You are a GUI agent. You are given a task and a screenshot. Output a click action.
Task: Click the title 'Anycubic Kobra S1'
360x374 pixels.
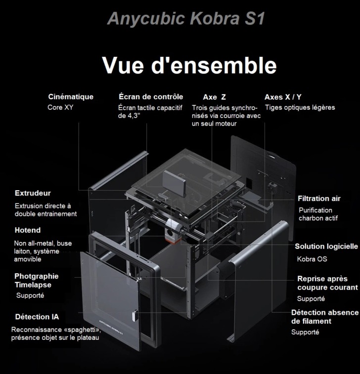(x=186, y=18)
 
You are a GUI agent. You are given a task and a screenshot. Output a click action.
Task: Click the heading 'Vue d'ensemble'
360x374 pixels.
(x=189, y=65)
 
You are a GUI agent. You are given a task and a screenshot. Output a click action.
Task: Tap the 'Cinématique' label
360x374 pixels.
(x=71, y=97)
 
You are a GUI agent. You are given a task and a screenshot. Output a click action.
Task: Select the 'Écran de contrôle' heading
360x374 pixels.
(x=151, y=97)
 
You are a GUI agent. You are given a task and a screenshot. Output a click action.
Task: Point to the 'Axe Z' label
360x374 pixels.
(x=214, y=97)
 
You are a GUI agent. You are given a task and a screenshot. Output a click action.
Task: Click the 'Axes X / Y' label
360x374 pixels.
(x=283, y=97)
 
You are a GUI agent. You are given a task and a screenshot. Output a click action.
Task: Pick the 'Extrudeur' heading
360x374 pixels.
(x=33, y=193)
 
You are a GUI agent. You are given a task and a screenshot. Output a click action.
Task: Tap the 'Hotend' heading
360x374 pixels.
(x=28, y=230)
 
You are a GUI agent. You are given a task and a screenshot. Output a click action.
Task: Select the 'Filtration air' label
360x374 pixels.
(x=319, y=199)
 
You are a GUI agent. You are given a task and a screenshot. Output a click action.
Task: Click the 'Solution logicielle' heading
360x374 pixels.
(x=326, y=247)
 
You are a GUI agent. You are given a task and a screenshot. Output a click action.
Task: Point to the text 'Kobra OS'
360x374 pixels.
(x=312, y=259)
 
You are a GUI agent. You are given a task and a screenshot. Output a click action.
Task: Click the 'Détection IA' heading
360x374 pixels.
(x=37, y=317)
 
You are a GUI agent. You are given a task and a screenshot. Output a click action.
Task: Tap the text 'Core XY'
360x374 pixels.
(x=60, y=107)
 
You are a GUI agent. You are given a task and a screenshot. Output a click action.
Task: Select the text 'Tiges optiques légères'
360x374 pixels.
(x=300, y=108)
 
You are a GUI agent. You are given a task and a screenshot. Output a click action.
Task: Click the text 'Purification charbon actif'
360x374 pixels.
(x=318, y=214)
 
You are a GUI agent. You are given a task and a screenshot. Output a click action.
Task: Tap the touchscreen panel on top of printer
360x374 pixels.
(x=175, y=183)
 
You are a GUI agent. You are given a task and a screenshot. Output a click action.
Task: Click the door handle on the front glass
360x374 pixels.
(x=135, y=316)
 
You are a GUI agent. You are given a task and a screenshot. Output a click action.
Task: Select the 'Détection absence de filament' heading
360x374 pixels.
(x=325, y=317)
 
